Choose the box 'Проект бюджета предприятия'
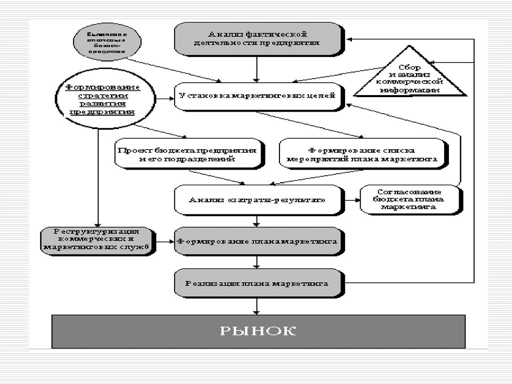point(187,154)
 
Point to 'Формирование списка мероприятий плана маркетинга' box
point(361,154)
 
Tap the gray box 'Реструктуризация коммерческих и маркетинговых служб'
point(97,241)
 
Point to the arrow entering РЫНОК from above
point(257,305)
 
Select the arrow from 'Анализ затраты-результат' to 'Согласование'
point(351,200)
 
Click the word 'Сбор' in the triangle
point(409,67)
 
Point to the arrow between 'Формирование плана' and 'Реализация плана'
point(257,262)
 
